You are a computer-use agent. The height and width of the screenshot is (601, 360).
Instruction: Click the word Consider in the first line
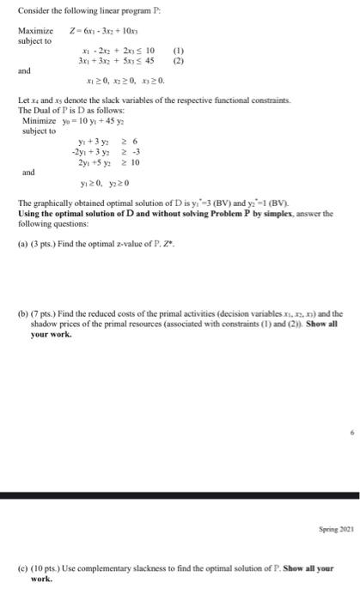[x=33, y=9]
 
